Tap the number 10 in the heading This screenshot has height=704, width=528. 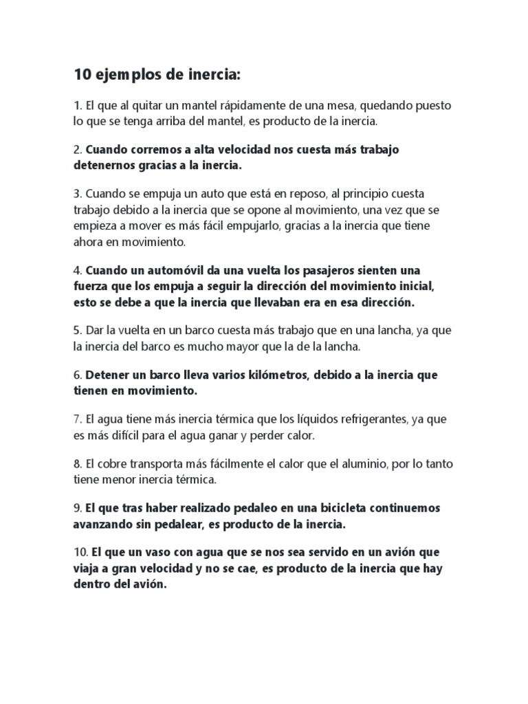[81, 74]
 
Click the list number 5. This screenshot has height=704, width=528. [77, 330]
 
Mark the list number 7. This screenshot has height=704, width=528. [77, 419]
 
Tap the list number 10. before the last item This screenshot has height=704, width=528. [80, 553]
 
